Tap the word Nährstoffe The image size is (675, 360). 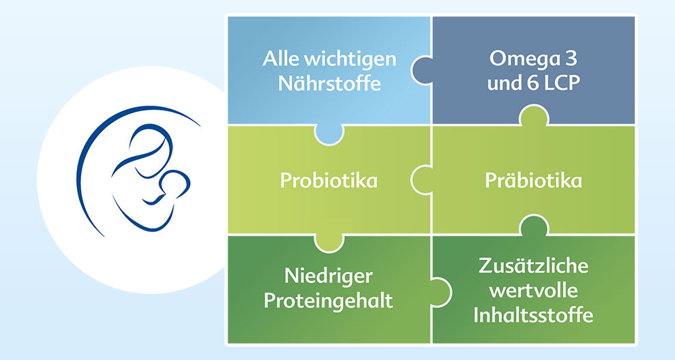click(x=329, y=82)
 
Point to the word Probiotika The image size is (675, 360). click(x=329, y=181)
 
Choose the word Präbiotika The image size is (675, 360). click(x=533, y=181)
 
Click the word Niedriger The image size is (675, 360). click(x=329, y=276)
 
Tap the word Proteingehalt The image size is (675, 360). click(x=329, y=301)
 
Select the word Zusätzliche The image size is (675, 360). click(x=533, y=265)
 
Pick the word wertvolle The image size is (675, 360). click(x=533, y=290)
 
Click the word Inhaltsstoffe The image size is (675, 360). click(x=533, y=315)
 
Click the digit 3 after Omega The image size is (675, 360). click(x=571, y=59)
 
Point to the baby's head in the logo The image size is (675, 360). click(x=175, y=183)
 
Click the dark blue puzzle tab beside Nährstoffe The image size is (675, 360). click(x=421, y=70)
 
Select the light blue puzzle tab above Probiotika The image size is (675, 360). click(x=329, y=134)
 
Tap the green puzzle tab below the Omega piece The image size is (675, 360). click(x=534, y=115)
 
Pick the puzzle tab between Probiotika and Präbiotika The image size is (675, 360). click(x=421, y=180)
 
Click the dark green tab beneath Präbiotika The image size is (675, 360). click(x=534, y=225)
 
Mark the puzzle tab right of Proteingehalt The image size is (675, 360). click(x=440, y=292)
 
